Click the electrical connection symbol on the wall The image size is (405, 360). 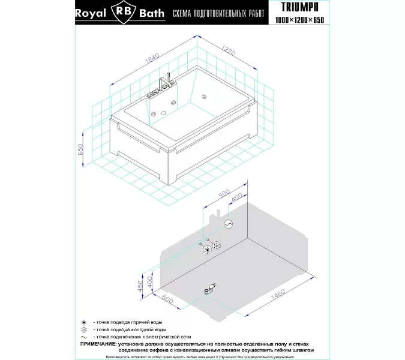coord(229,223)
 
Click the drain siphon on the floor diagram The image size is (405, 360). coord(211,289)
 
